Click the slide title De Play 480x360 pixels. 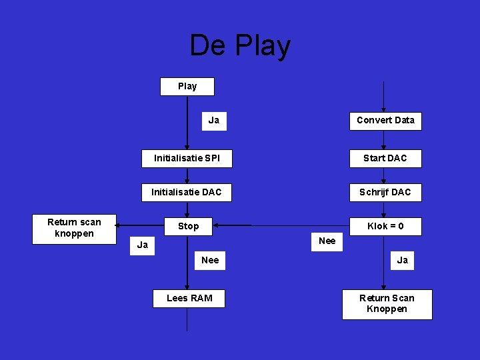(240, 46)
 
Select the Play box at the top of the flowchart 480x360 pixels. (187, 87)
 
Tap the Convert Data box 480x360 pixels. (385, 121)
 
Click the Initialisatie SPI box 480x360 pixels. (187, 159)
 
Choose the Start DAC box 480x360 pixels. (385, 159)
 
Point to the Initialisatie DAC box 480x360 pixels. (187, 193)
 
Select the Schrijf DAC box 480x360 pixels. (385, 193)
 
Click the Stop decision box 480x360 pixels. (188, 227)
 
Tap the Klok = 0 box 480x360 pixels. (385, 227)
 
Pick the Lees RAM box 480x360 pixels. (189, 298)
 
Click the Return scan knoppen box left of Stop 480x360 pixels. (75, 228)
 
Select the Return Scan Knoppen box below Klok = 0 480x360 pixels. (387, 304)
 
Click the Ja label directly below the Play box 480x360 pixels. (214, 121)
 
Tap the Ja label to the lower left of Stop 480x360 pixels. (142, 245)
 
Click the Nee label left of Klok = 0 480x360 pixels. (327, 241)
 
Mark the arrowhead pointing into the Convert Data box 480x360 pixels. (383, 109)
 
